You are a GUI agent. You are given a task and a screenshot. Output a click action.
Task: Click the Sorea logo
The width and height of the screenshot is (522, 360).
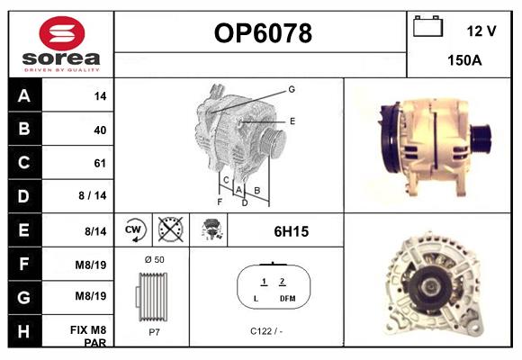tap(60, 44)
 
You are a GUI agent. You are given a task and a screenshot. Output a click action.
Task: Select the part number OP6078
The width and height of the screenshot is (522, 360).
tap(262, 33)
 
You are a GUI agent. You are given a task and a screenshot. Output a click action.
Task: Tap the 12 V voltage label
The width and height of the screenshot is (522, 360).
tap(481, 31)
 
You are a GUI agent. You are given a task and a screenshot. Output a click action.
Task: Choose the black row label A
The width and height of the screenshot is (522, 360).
tap(23, 95)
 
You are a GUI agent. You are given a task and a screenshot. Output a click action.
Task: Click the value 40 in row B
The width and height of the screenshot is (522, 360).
tap(100, 130)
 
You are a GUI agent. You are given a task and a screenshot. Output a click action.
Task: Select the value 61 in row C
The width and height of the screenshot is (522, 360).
tap(100, 163)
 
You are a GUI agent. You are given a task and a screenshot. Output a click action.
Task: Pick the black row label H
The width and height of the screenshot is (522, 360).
tap(23, 331)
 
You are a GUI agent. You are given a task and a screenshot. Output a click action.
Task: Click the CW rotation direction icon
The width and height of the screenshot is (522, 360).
tap(133, 230)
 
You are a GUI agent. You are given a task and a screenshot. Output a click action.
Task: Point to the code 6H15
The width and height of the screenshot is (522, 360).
tap(291, 231)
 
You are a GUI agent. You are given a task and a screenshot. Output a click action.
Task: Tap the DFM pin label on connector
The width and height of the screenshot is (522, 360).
tap(287, 298)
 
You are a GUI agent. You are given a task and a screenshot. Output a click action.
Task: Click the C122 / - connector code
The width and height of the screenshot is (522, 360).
tap(266, 330)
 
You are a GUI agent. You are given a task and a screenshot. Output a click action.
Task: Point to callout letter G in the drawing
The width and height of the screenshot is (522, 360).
tap(292, 89)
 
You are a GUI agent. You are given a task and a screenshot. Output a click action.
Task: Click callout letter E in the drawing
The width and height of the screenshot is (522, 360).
tap(292, 120)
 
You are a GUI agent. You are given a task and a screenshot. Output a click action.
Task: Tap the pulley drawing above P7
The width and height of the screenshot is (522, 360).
tap(150, 295)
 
